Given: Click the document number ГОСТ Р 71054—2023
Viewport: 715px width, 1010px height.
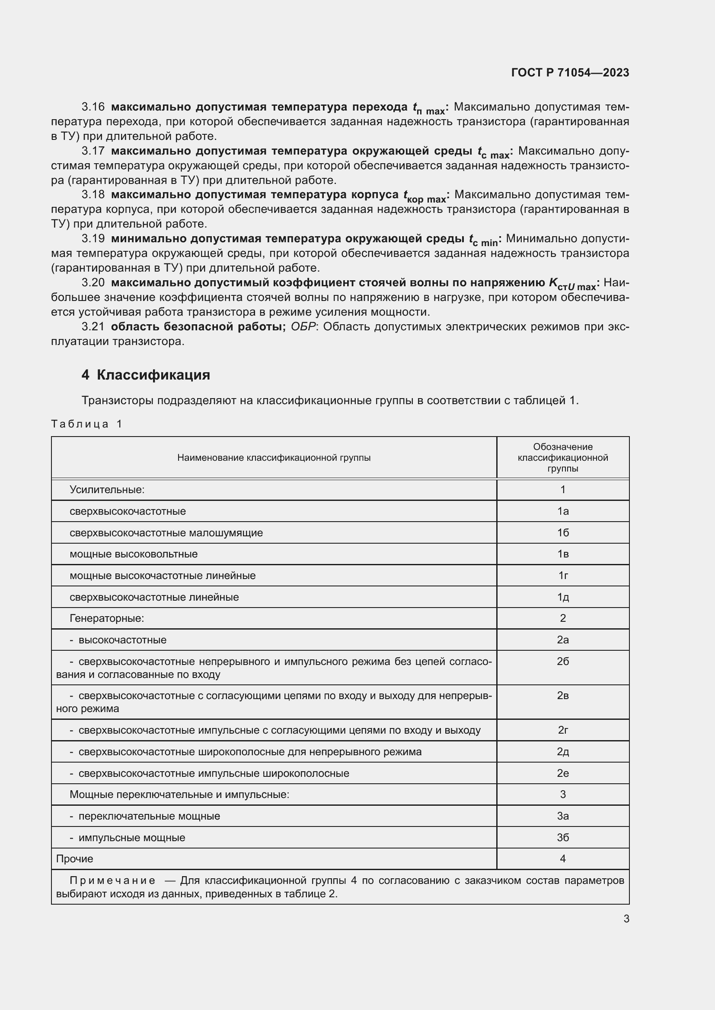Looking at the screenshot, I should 570,73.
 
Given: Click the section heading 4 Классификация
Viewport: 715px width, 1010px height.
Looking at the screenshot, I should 146,375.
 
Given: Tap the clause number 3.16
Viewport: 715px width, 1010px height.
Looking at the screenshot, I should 93,107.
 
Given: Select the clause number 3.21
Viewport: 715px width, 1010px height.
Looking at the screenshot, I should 93,326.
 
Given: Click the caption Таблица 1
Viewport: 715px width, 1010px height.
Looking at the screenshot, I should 87,424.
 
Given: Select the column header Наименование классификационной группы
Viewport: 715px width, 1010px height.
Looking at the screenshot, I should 274,457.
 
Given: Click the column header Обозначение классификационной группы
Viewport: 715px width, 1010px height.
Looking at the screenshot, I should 563,457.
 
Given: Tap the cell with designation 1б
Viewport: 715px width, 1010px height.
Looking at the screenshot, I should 563,533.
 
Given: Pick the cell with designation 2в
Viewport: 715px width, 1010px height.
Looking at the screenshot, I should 563,696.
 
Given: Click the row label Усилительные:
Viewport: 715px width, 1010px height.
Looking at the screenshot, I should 107,490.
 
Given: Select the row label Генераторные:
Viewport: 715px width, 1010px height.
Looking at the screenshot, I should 106,618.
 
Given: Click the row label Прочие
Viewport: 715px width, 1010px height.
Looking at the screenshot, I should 74,859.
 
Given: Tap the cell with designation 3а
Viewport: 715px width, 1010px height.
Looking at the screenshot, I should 563,816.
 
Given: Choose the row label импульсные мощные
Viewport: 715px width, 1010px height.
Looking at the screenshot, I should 132,838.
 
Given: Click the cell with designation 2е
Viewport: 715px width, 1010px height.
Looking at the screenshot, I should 563,773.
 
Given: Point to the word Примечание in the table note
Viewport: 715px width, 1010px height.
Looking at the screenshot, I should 112,880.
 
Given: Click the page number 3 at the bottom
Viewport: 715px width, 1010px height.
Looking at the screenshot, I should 626,918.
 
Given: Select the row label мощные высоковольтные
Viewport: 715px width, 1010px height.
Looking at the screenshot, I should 134,554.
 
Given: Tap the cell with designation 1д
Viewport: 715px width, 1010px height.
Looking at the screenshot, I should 563,597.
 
